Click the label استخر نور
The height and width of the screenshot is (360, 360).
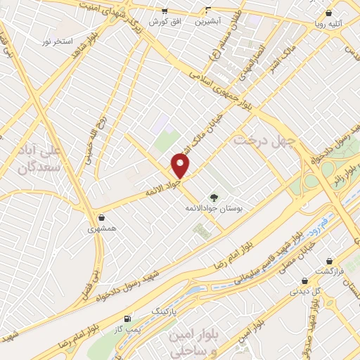(57, 41)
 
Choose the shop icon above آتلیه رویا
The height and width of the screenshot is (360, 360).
(329, 13)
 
